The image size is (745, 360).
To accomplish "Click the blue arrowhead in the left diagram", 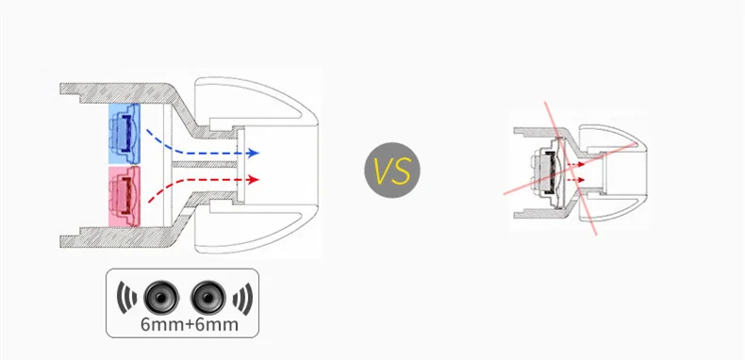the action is (254, 153).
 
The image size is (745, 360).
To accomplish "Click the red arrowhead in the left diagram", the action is (254, 179).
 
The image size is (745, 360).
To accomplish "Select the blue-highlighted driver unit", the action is (124, 134).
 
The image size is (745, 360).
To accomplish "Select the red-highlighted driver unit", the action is (124, 196).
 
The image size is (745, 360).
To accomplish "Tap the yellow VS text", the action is (392, 171).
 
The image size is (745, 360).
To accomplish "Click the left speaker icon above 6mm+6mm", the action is (161, 298).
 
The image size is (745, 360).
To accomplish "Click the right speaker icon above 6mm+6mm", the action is (207, 298).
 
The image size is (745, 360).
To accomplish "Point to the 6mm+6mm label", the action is (190, 324).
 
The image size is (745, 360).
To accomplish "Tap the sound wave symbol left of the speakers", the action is (126, 298).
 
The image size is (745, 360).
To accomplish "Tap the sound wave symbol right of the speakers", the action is (242, 298).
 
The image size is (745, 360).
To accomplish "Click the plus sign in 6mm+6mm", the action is (190, 325).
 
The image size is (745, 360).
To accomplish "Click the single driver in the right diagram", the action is (547, 172).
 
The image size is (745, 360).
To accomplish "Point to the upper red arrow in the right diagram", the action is (574, 164).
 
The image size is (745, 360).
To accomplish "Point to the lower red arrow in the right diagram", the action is (574, 180).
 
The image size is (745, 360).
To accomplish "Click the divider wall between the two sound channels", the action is (205, 164).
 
